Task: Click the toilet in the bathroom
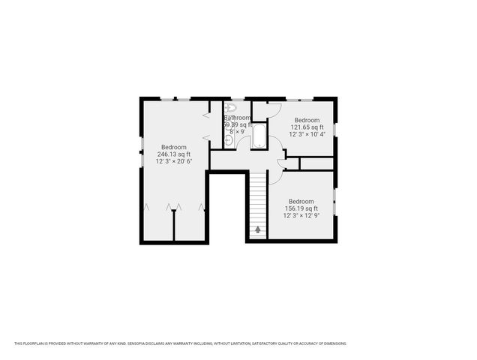point(230,108)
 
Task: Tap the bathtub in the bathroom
point(259,136)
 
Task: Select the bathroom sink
point(228,139)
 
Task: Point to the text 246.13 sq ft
point(173,154)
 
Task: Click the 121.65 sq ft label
point(307,127)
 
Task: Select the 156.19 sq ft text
point(301,208)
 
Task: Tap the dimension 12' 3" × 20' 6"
point(173,161)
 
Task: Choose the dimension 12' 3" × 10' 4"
point(307,134)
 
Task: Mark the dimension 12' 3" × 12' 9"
point(301,215)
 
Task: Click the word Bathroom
point(238,118)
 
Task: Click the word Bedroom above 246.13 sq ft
point(173,147)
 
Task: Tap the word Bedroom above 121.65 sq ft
point(307,120)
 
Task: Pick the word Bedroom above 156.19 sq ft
point(301,201)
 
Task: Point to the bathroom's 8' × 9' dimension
point(238,131)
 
